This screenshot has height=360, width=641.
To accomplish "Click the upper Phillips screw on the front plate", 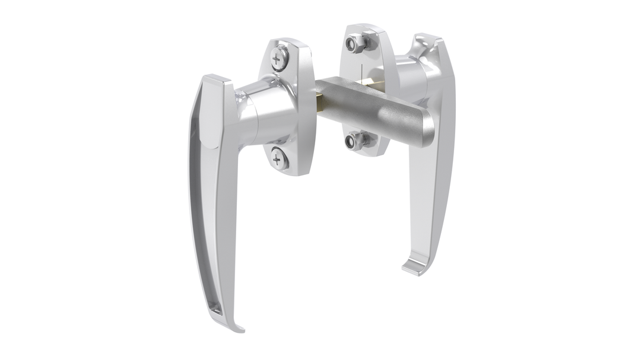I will tap(279, 58).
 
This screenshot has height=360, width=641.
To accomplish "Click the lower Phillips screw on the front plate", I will tap(279, 158).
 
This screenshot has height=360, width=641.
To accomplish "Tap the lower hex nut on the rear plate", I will tap(355, 141).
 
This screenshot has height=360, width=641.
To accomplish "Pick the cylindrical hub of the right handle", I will tap(410, 74).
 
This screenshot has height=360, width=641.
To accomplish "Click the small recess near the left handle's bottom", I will tap(215, 309).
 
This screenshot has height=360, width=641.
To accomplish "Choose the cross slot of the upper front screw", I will tap(279, 58).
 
